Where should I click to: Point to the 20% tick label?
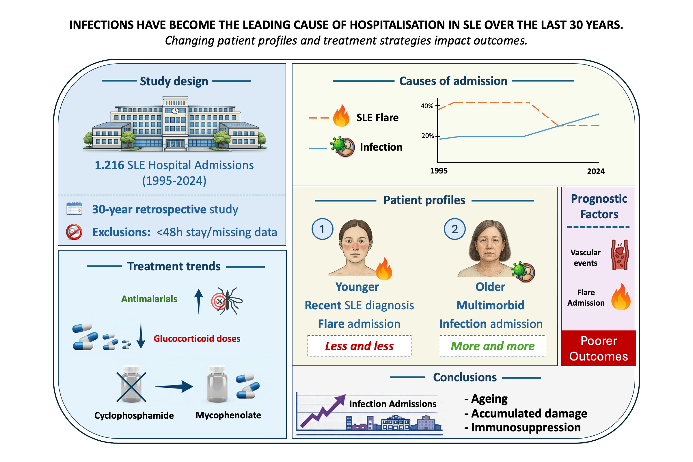pos(427,136)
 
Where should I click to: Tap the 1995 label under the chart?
pos(438,171)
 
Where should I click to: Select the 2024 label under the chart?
pos(595,171)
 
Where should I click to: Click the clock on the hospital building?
pos(175,111)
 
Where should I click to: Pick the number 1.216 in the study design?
pos(109,165)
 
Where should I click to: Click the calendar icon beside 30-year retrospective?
pos(74,209)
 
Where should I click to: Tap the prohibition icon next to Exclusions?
pos(74,232)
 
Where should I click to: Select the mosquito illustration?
pos(228,301)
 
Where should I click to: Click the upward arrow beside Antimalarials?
pos(199,301)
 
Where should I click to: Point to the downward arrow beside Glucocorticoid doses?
pos(141,336)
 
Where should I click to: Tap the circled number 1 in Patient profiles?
pos(322,229)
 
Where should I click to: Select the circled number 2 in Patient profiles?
pos(454,229)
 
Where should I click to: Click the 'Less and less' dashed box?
pos(359,345)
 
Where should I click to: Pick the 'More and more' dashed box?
pos(493,345)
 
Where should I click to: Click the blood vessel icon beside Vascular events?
pos(619,255)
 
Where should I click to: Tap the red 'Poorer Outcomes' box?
pos(598,348)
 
